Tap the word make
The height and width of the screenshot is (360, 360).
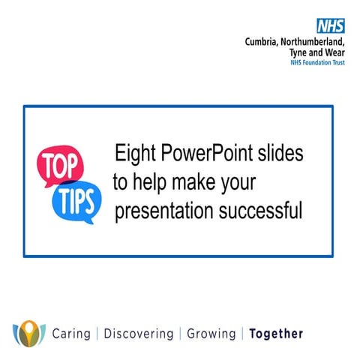(x=197, y=182)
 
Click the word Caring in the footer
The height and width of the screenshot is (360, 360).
(x=71, y=334)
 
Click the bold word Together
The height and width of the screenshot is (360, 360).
(x=276, y=334)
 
